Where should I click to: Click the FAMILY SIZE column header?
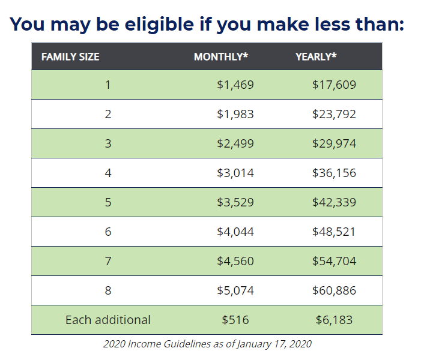(70, 57)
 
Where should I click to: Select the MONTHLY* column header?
(221, 56)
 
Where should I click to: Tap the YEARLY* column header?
(316, 56)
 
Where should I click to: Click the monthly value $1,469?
(235, 85)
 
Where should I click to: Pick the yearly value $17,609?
(334, 85)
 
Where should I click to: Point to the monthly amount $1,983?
(235, 114)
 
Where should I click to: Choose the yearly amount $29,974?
(334, 143)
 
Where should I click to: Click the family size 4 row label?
(108, 173)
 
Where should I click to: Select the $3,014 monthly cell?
(235, 173)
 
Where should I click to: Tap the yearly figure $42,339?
(334, 202)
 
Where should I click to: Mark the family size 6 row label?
(108, 232)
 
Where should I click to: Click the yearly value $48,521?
(333, 232)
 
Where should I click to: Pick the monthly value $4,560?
(235, 261)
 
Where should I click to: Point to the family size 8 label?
(108, 290)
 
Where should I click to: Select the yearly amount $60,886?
(334, 290)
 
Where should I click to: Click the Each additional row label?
(108, 320)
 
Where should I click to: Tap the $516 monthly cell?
(235, 320)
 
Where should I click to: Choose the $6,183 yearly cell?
(334, 320)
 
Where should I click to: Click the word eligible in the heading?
(159, 25)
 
